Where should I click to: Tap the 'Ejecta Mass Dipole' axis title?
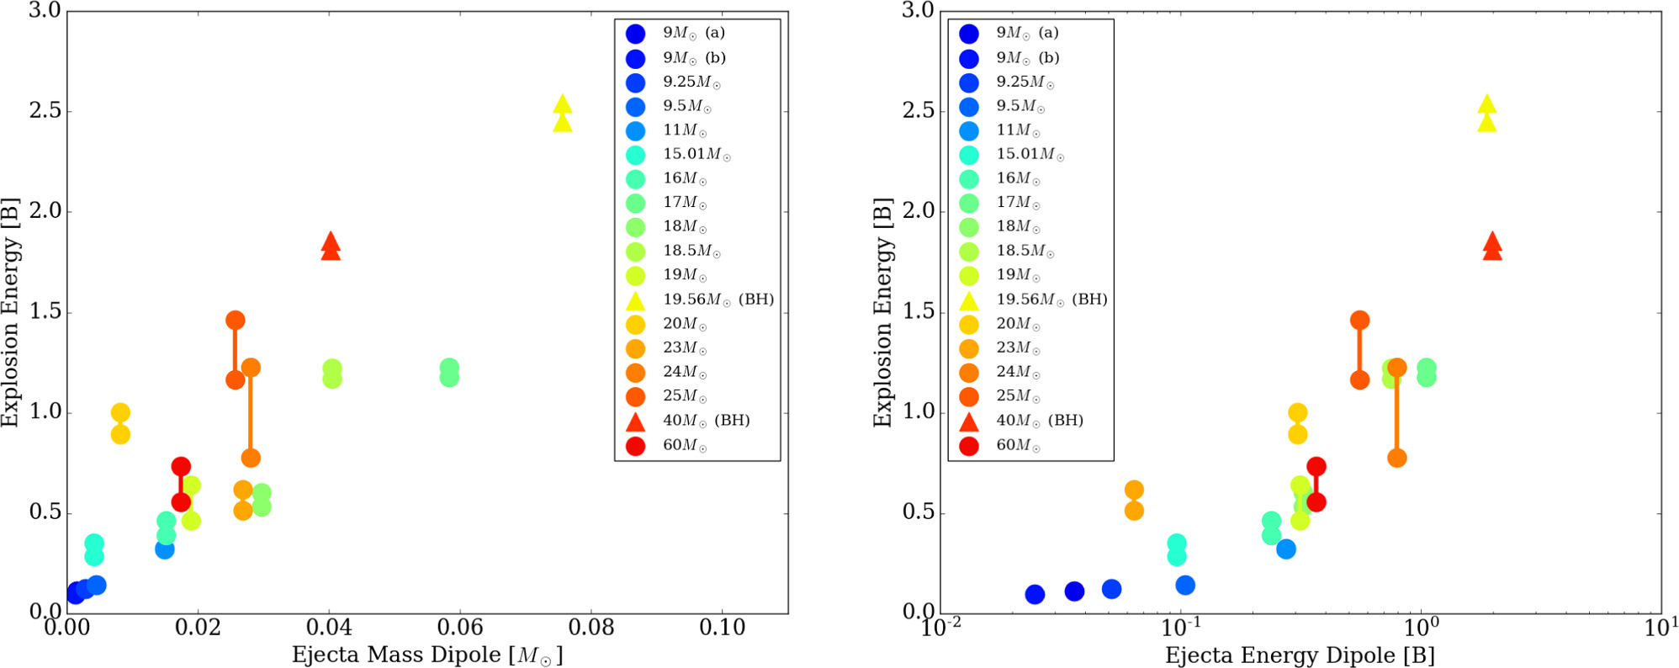tap(426, 655)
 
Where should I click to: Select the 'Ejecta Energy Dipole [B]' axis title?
tap(1300, 655)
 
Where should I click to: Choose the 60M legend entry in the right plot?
tap(1018, 445)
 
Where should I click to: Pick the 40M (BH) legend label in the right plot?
tap(1039, 420)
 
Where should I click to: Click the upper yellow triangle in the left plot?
tap(563, 105)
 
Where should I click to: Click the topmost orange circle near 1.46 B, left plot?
tap(235, 320)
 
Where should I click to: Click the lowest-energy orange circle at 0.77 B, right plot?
tap(1396, 458)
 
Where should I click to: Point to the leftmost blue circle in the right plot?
tap(1035, 594)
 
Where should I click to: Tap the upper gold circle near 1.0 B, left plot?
tap(120, 412)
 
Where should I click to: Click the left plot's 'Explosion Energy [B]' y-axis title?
tap(10, 312)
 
